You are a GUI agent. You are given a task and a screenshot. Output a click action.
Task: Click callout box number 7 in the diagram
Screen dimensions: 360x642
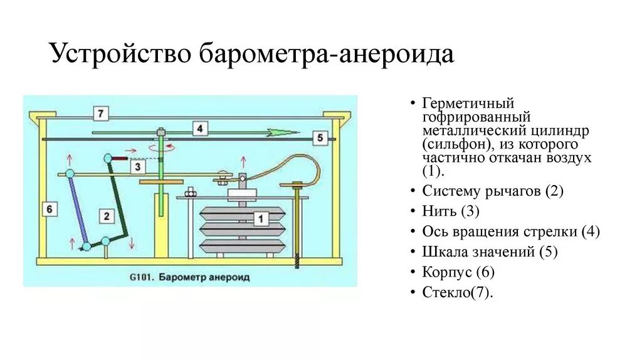click(x=100, y=114)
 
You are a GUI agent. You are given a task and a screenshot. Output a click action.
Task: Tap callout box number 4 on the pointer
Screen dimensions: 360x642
click(x=199, y=129)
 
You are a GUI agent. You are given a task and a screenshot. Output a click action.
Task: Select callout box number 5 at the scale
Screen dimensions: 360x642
click(x=318, y=137)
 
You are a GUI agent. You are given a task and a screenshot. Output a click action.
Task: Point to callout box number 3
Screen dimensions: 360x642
click(x=139, y=166)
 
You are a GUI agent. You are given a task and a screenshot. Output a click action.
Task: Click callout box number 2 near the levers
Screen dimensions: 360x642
click(x=107, y=216)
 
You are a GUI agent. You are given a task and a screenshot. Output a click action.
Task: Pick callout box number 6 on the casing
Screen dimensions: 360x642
click(x=50, y=208)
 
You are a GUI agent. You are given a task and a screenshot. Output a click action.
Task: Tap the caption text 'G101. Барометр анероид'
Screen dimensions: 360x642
click(x=189, y=276)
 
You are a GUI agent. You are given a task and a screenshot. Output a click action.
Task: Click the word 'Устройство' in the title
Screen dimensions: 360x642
click(x=120, y=54)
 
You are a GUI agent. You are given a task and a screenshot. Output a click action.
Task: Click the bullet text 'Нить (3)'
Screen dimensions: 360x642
click(x=451, y=211)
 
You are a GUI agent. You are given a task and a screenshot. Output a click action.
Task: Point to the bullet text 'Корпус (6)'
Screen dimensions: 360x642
click(x=459, y=272)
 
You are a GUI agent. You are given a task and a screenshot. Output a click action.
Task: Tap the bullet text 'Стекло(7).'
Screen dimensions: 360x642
click(x=458, y=292)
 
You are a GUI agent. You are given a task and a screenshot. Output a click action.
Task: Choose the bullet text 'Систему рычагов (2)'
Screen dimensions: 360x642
click(x=493, y=191)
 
